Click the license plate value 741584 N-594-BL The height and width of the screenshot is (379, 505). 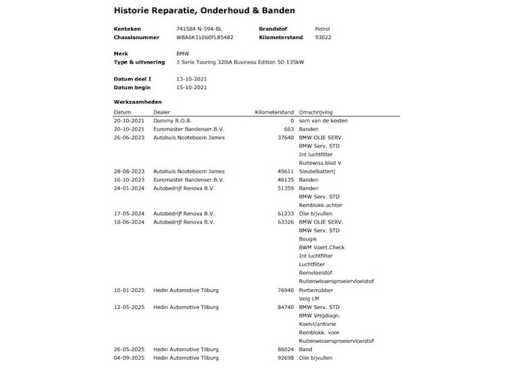[198, 28]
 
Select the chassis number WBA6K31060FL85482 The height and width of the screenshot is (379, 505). [205, 37]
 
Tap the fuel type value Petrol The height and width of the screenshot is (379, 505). [322, 28]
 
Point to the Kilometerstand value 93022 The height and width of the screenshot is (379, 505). [323, 37]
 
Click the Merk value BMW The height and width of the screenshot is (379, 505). [183, 54]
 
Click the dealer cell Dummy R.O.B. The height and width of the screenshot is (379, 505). [172, 119]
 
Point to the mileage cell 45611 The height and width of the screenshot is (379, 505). [285, 171]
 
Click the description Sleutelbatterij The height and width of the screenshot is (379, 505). [317, 171]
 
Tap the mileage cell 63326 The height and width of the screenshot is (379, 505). [285, 221]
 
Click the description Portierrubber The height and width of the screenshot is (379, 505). [317, 290]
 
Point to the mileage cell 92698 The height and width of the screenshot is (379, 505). [285, 358]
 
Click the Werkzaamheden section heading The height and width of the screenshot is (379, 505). [138, 102]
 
